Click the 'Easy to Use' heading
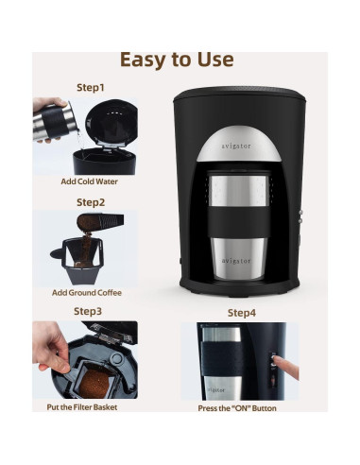[x=177, y=59]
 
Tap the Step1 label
[x=91, y=87]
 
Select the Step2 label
[x=91, y=201]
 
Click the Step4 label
[x=241, y=312]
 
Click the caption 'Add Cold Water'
[x=89, y=181]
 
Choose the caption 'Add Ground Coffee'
[x=86, y=293]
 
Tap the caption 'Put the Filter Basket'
[x=82, y=407]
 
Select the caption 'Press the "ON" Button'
[x=237, y=408]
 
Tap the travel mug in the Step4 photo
[x=218, y=363]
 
